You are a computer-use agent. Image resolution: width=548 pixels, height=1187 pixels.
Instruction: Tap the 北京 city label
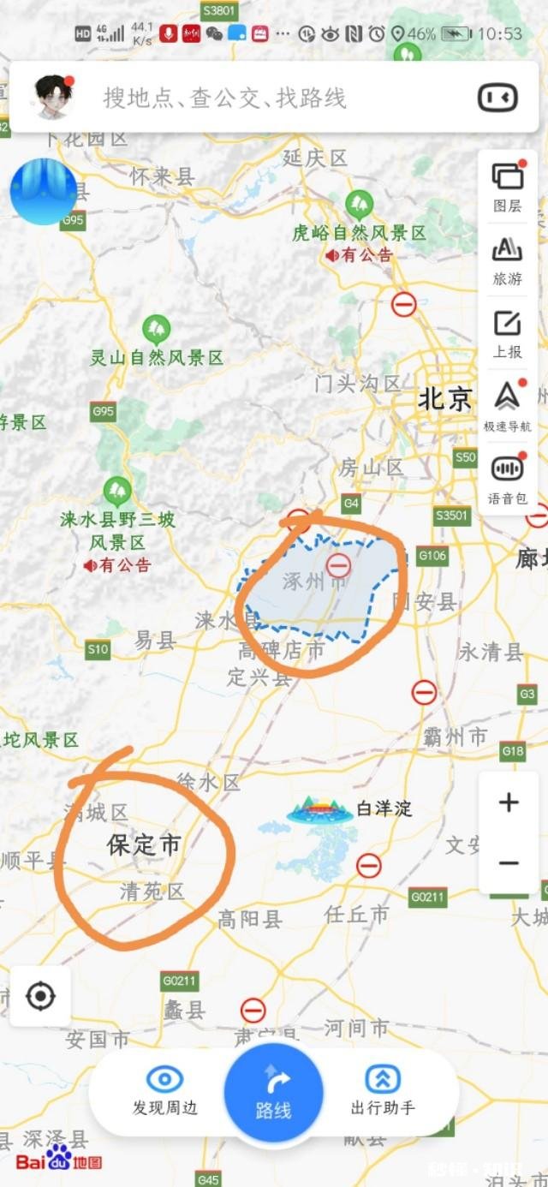pyautogui.click(x=444, y=399)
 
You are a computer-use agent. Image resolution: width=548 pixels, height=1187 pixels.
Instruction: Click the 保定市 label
pyautogui.click(x=144, y=845)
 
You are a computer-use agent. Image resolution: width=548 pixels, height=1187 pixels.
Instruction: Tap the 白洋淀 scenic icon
pyautogui.click(x=320, y=809)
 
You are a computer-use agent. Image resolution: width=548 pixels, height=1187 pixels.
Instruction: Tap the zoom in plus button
pyautogui.click(x=509, y=802)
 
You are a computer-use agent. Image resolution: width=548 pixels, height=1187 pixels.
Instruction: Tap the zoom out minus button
pyautogui.click(x=509, y=862)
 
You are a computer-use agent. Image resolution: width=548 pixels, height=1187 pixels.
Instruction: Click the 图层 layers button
pyautogui.click(x=507, y=185)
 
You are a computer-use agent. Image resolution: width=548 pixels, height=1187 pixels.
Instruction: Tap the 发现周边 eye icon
pyautogui.click(x=164, y=1081)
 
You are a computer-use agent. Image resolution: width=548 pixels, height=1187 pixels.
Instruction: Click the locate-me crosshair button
pyautogui.click(x=40, y=996)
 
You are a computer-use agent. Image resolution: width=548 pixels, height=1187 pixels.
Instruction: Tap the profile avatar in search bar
pyautogui.click(x=53, y=97)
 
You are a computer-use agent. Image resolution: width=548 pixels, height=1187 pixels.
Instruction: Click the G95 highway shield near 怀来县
pyautogui.click(x=74, y=221)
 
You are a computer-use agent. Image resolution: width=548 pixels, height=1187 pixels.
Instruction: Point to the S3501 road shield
pyautogui.click(x=452, y=516)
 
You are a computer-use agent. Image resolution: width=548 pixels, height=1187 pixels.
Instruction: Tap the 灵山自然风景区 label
pyautogui.click(x=157, y=358)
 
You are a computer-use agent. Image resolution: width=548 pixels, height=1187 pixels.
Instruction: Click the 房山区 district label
pyautogui.click(x=371, y=468)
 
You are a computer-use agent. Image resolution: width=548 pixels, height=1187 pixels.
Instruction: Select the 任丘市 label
pyautogui.click(x=356, y=915)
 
